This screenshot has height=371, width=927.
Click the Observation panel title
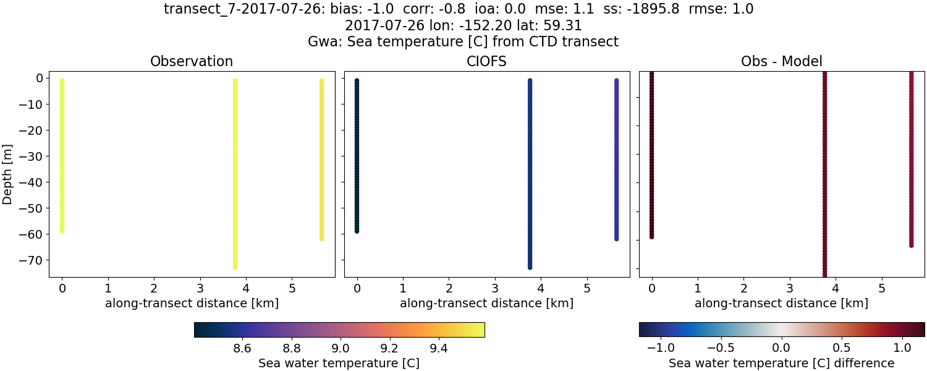(x=192, y=62)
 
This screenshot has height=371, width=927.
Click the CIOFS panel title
(x=486, y=62)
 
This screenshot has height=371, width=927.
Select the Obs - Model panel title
(x=781, y=62)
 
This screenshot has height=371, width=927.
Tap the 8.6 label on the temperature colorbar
(x=243, y=348)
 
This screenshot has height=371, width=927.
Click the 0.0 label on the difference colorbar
(x=782, y=348)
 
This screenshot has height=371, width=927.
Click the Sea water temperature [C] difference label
(x=781, y=363)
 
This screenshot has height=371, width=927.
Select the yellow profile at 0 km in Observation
(x=62, y=155)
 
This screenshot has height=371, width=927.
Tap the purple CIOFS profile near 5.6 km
(x=616, y=161)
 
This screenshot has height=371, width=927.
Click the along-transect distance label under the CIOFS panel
(x=486, y=304)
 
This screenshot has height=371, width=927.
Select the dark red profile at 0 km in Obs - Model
(x=651, y=155)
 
